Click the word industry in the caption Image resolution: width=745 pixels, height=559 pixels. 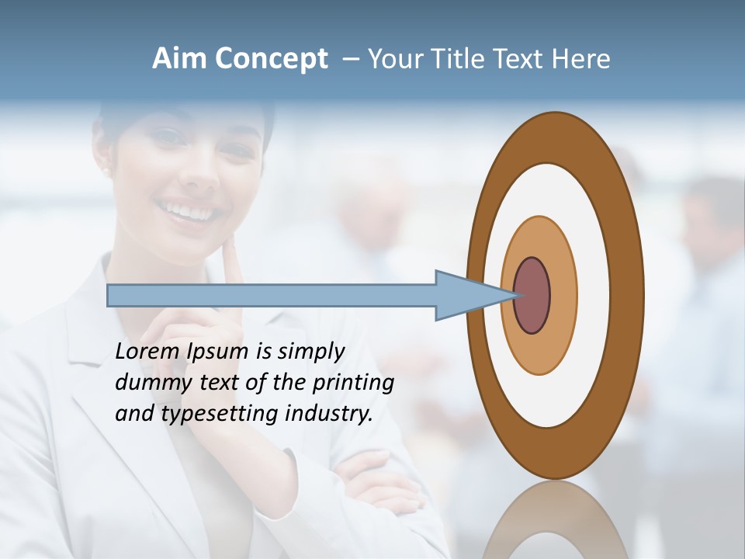click(x=329, y=413)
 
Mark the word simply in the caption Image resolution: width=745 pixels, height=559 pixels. click(x=310, y=351)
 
